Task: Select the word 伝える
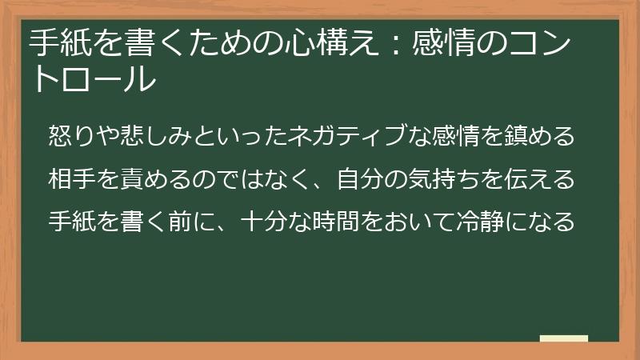click(x=541, y=178)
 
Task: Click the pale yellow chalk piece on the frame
click(x=563, y=338)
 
